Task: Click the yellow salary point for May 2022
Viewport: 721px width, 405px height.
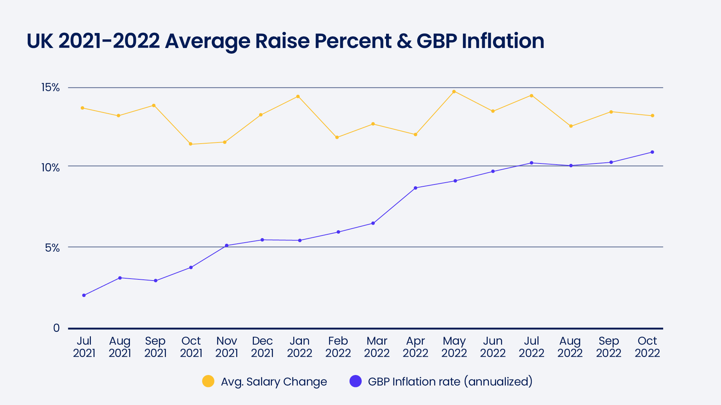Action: (454, 91)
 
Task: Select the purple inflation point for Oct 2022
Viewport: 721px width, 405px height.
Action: (652, 152)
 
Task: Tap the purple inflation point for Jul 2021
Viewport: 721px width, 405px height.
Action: (84, 295)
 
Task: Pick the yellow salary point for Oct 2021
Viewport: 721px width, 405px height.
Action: (190, 144)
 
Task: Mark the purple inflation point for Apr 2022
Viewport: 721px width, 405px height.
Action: (415, 188)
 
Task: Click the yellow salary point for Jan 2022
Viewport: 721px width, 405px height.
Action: (298, 96)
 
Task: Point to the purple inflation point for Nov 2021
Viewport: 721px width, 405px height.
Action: (226, 246)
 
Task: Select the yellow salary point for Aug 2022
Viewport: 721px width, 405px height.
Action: (571, 126)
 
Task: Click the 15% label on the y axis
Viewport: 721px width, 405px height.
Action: (50, 87)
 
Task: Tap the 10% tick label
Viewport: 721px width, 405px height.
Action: (50, 167)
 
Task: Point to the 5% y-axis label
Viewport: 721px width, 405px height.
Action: (52, 248)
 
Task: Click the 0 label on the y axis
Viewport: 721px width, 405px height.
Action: (56, 328)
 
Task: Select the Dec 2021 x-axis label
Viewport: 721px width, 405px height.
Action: (262, 347)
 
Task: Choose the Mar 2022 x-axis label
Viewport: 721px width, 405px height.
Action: (377, 347)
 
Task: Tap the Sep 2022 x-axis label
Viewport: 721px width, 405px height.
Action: (608, 347)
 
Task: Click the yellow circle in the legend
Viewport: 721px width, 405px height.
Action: (208, 381)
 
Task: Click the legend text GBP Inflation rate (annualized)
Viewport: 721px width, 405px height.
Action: (450, 381)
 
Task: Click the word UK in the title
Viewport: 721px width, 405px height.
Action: (40, 41)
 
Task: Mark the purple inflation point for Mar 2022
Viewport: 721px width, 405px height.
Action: (373, 223)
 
